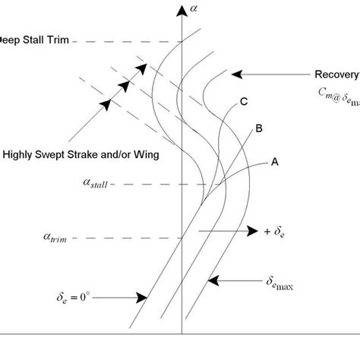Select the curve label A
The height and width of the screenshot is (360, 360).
pos(273,161)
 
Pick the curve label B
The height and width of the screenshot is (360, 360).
pos(259,129)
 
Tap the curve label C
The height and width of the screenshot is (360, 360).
pos(243,101)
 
